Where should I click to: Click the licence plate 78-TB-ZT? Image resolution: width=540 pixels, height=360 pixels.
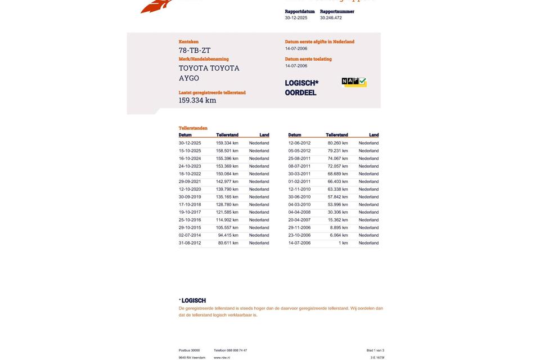coord(195,51)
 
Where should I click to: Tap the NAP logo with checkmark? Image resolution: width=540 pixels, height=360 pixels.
coord(354,82)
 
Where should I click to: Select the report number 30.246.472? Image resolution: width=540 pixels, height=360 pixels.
coord(331,18)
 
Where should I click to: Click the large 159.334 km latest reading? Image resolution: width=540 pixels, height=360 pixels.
coord(197,101)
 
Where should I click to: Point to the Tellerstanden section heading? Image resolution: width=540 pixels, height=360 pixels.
coord(193,128)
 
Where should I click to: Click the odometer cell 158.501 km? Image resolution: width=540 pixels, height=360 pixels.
coord(227,151)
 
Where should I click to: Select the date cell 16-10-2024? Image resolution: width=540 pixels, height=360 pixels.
coord(190,159)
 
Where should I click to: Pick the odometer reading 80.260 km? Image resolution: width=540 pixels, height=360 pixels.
coord(338,143)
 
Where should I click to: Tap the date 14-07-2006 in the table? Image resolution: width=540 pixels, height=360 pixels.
coord(299,243)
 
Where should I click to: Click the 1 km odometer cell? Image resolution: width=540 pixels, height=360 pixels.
coord(343,243)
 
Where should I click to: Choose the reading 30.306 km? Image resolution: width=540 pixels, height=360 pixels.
coord(338,212)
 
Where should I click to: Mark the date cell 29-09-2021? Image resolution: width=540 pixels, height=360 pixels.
coord(190,182)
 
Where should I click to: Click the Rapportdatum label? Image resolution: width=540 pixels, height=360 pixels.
coord(300,11)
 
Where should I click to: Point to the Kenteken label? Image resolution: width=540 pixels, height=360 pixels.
coord(188,42)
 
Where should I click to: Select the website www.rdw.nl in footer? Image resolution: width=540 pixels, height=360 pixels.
coord(222,358)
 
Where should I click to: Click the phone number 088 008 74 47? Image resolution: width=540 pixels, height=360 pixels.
coord(230,350)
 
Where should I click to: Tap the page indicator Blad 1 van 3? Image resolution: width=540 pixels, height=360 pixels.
coord(375,350)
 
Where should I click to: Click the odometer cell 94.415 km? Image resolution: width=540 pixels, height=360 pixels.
coord(228,235)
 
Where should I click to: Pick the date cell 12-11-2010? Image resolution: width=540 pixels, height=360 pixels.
coord(299,189)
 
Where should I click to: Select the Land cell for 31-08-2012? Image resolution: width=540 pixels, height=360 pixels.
coord(259,243)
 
